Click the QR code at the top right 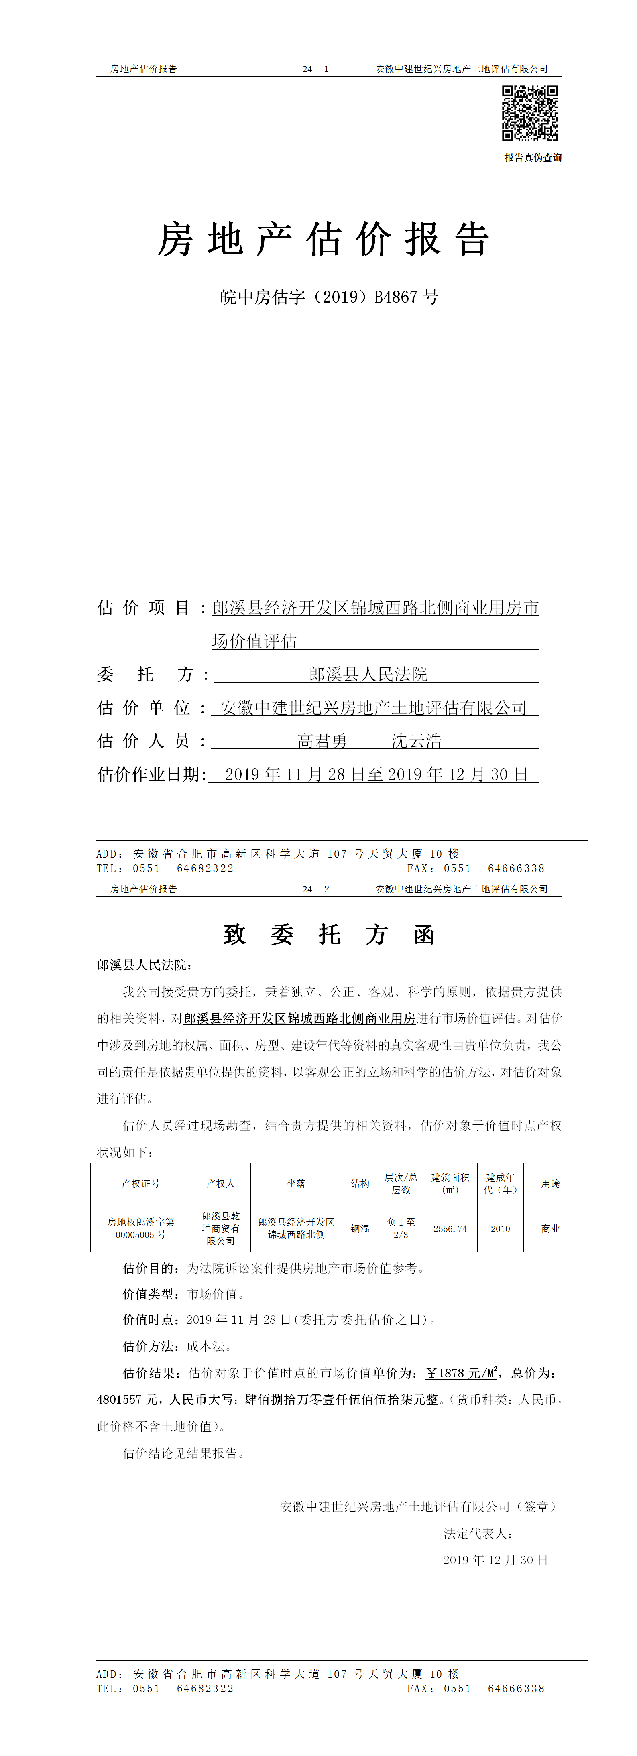click(x=530, y=113)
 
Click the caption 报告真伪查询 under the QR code click(x=533, y=157)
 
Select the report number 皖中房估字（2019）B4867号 click(x=329, y=297)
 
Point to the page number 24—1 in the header click(x=316, y=69)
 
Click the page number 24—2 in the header click(x=316, y=889)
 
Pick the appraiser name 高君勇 click(x=322, y=741)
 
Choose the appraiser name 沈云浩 click(x=416, y=741)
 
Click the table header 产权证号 click(x=140, y=1183)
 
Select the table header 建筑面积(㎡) click(x=450, y=1183)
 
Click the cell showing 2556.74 click(x=450, y=1228)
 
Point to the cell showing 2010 click(x=500, y=1228)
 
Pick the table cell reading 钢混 click(x=360, y=1228)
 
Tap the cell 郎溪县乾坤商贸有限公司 click(x=220, y=1228)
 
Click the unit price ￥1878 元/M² click(x=462, y=1373)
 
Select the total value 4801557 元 click(x=127, y=1400)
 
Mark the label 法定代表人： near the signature click(x=477, y=1534)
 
